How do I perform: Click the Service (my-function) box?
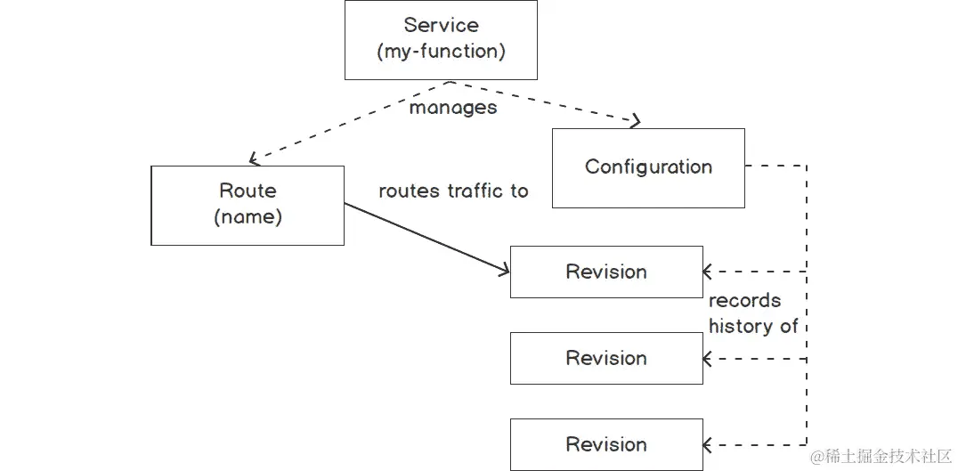pos(441,39)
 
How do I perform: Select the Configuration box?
pos(648,167)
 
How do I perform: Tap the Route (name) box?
pos(248,205)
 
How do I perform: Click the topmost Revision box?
pos(606,272)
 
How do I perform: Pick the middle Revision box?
pos(606,358)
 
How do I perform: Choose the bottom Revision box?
pos(606,444)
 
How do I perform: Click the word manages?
pos(452,108)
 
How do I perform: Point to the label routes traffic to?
pos(453,191)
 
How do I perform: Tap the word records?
pos(744,301)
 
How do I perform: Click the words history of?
pos(753,327)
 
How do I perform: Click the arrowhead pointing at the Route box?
pos(255,159)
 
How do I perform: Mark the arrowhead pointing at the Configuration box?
pos(635,121)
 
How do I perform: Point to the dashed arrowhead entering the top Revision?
pos(708,272)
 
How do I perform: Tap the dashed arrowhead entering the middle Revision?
pos(708,358)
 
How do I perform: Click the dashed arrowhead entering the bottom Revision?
pos(708,444)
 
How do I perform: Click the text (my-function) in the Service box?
pos(441,52)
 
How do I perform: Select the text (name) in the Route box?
pos(248,217)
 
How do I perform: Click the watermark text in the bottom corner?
pos(880,456)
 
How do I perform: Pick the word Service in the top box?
pos(441,25)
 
